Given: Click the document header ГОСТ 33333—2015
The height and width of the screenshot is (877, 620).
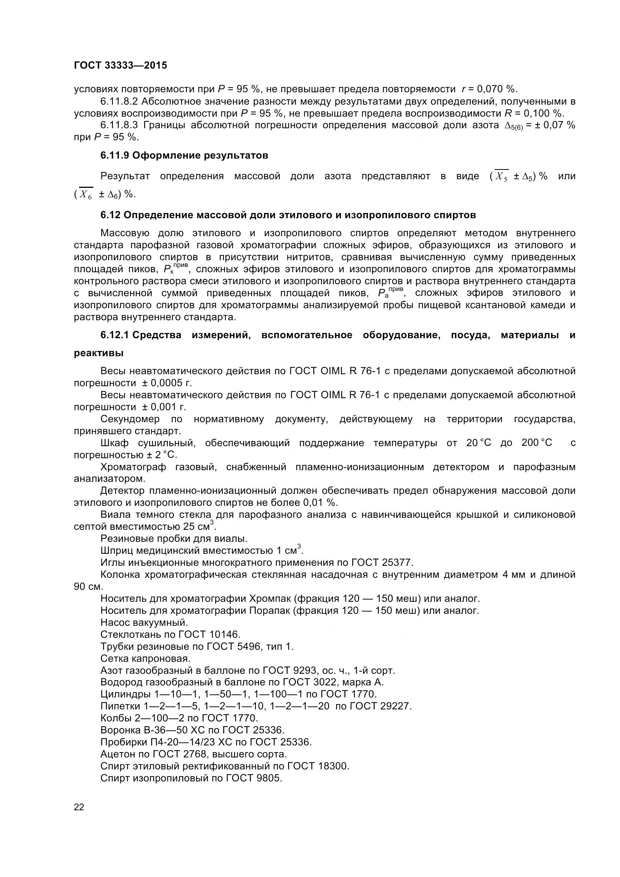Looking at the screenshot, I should point(120,65).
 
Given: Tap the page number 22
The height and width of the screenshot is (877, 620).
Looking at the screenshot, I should point(79,807).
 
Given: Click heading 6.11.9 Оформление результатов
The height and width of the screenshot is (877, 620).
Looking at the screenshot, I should point(184,156).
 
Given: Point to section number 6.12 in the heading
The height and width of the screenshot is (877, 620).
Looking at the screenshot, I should point(110,215).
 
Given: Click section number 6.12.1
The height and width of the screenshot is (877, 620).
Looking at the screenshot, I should point(114,335).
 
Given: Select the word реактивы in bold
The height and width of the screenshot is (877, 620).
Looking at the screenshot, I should point(99,353).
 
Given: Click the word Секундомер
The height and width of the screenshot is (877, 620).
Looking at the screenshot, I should point(130,419).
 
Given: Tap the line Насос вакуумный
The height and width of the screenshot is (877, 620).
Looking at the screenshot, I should point(144,623).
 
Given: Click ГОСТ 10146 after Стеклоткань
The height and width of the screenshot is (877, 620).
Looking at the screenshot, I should point(209,634).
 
